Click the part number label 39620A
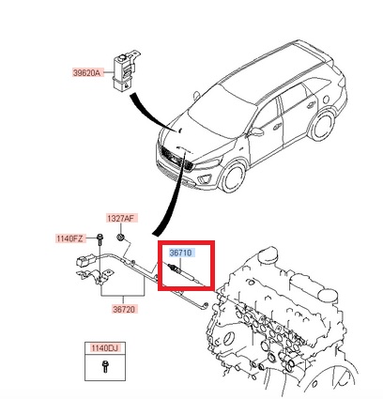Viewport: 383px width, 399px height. [x=85, y=71]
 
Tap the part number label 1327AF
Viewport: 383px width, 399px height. [x=121, y=218]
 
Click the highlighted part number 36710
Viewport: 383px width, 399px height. [x=182, y=253]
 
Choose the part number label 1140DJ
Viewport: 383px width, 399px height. [x=104, y=349]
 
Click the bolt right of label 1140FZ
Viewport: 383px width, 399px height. [x=98, y=239]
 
